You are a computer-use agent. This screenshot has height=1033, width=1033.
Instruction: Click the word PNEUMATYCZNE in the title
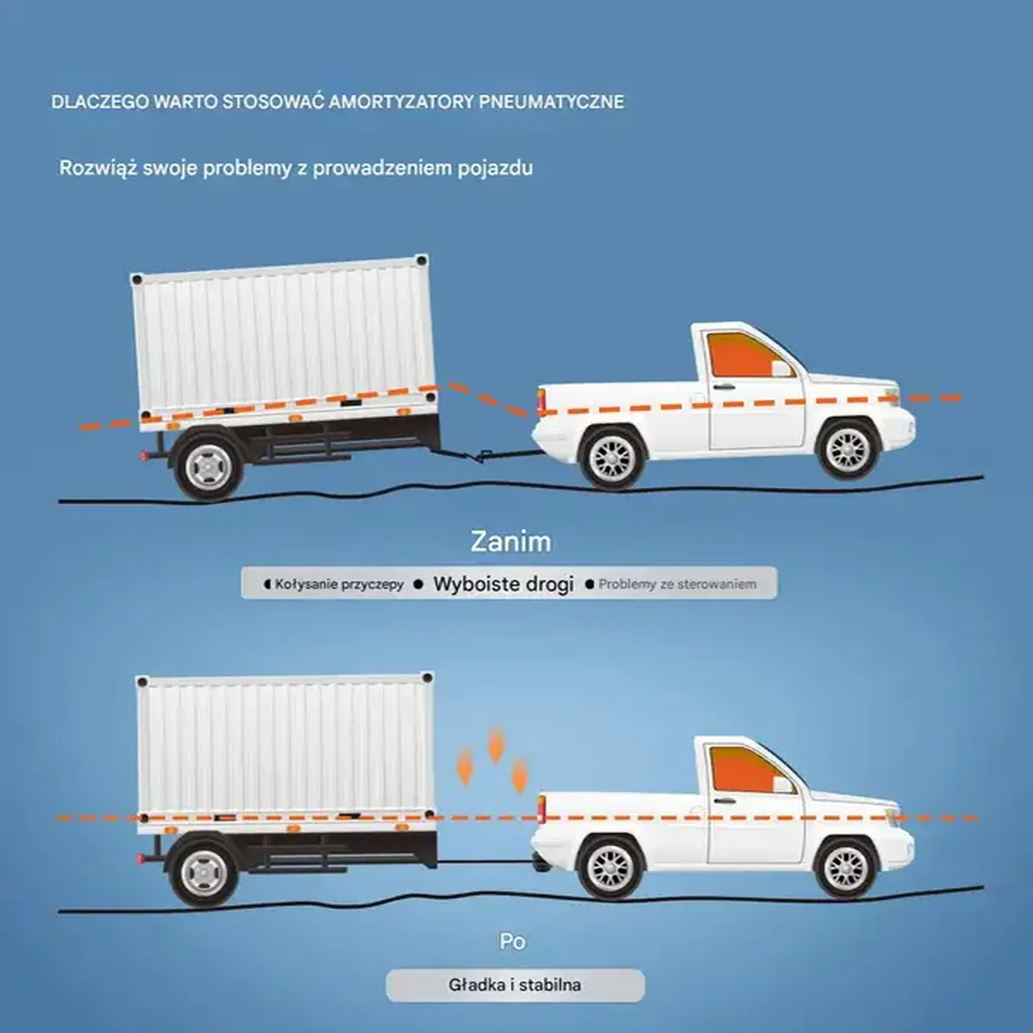point(552,102)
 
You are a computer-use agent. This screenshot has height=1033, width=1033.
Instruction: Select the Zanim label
point(511,541)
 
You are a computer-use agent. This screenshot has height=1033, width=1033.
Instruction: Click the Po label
point(512,941)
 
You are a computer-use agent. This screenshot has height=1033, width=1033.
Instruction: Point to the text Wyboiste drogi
point(503,584)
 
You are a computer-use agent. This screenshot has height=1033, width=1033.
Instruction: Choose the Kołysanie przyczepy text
point(339,584)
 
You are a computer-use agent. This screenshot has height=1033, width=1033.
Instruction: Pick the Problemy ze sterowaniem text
point(677,584)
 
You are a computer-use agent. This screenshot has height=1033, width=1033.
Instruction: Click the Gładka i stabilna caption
point(514,985)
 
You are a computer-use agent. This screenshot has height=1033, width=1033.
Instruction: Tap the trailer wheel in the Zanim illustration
point(208,467)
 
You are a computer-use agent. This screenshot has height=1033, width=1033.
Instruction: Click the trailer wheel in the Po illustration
point(204,873)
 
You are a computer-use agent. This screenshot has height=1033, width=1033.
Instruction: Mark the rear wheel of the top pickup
point(612,458)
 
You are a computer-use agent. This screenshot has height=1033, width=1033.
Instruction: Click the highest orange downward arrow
point(496,744)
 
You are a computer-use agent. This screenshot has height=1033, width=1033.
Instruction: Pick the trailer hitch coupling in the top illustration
point(480,457)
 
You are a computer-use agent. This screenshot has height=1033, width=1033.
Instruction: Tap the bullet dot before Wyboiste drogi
point(419,584)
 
